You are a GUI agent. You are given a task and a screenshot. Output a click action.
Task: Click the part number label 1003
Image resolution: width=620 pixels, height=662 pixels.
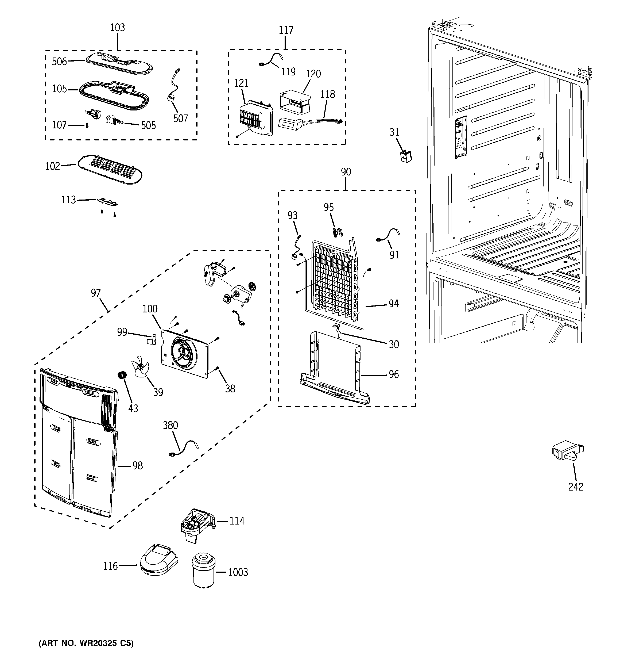coord(238,572)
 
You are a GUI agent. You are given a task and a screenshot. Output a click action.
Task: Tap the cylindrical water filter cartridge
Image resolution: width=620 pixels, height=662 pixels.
coord(203,570)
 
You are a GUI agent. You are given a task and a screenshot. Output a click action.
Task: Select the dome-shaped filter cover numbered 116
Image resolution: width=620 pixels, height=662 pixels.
coord(159,560)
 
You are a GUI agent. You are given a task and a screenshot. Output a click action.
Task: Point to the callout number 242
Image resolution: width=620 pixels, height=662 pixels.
coord(575,487)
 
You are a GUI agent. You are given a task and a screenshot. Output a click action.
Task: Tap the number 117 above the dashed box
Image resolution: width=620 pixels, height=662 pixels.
coord(286,30)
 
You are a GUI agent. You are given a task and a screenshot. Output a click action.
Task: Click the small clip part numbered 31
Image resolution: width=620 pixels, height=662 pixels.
coord(405,156)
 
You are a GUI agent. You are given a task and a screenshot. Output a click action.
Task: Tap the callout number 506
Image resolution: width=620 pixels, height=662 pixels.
coord(59,61)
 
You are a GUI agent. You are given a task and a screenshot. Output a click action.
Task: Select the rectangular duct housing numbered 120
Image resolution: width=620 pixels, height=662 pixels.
coord(294,101)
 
